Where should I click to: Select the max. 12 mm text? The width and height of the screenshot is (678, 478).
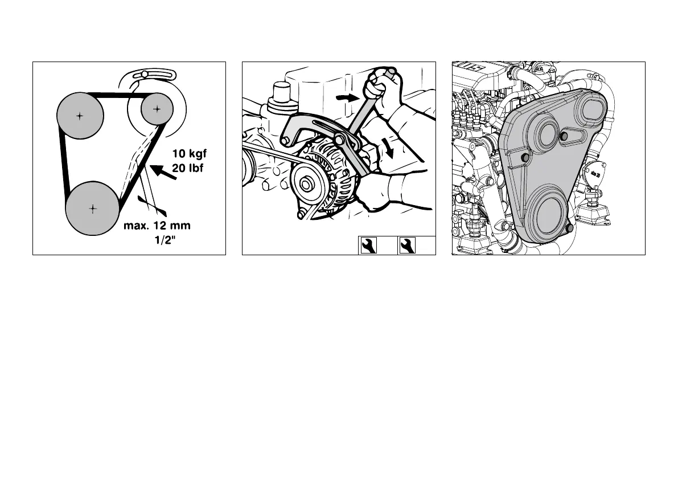157,226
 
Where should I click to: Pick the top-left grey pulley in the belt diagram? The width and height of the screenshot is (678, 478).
80,116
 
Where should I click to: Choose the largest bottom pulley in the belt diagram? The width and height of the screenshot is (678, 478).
92,208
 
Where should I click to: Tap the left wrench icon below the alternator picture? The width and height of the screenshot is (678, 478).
368,246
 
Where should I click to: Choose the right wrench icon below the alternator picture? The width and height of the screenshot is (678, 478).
407,246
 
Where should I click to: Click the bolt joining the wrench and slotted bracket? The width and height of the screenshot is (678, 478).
340,140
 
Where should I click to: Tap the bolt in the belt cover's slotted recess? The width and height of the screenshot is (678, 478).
564,135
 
